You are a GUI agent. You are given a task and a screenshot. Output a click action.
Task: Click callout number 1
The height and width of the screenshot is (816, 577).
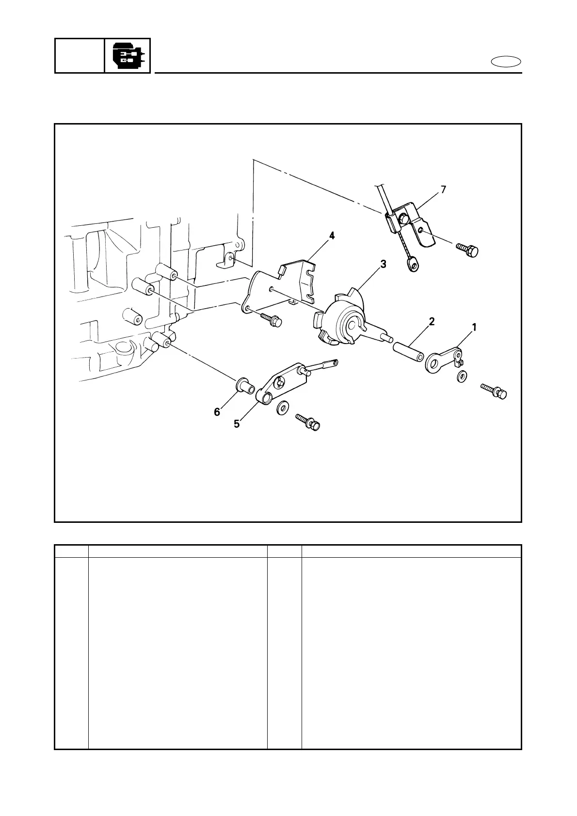click(474, 328)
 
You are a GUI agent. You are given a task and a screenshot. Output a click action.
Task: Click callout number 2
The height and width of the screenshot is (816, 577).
click(431, 321)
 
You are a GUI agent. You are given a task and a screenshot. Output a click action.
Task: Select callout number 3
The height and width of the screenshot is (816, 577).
click(383, 264)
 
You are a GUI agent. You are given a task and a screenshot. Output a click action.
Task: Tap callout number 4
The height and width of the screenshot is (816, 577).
click(332, 235)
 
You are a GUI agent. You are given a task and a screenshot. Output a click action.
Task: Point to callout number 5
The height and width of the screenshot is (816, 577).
click(237, 424)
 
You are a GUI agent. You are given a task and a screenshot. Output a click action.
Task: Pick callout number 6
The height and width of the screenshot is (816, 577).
click(217, 412)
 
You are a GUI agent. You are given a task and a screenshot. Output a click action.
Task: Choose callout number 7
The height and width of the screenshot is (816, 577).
click(443, 189)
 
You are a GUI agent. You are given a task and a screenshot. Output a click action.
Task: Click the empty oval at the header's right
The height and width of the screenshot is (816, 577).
click(506, 62)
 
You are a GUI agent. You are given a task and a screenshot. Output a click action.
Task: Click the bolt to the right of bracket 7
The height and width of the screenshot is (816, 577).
click(467, 250)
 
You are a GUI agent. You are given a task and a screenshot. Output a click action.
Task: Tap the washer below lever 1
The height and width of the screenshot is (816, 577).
click(462, 376)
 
